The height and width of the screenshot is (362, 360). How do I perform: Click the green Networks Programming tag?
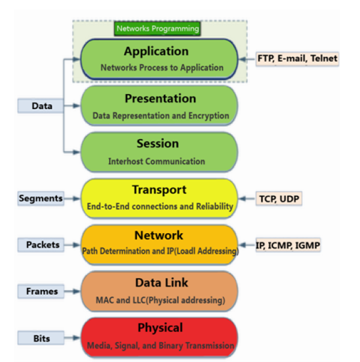(157, 28)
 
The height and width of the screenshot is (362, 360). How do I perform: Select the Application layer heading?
(156, 52)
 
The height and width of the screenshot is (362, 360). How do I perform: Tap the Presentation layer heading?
(160, 98)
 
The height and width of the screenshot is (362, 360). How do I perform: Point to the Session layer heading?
(157, 144)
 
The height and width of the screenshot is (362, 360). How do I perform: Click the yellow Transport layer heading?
(159, 190)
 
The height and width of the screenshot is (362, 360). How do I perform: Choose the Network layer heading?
(159, 236)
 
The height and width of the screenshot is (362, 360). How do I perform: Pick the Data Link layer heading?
(159, 282)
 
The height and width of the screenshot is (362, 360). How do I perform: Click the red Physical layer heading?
(159, 328)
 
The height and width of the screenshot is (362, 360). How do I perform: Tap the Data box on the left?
(41, 106)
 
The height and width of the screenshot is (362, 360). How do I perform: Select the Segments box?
(41, 198)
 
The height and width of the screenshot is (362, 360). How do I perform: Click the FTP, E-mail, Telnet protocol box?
(297, 59)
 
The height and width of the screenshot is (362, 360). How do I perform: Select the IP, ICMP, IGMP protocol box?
(288, 245)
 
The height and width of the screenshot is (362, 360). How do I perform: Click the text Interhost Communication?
(157, 161)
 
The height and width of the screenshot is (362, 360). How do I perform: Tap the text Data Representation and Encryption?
(160, 115)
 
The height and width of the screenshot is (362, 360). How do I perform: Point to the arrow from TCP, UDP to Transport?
(247, 198)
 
